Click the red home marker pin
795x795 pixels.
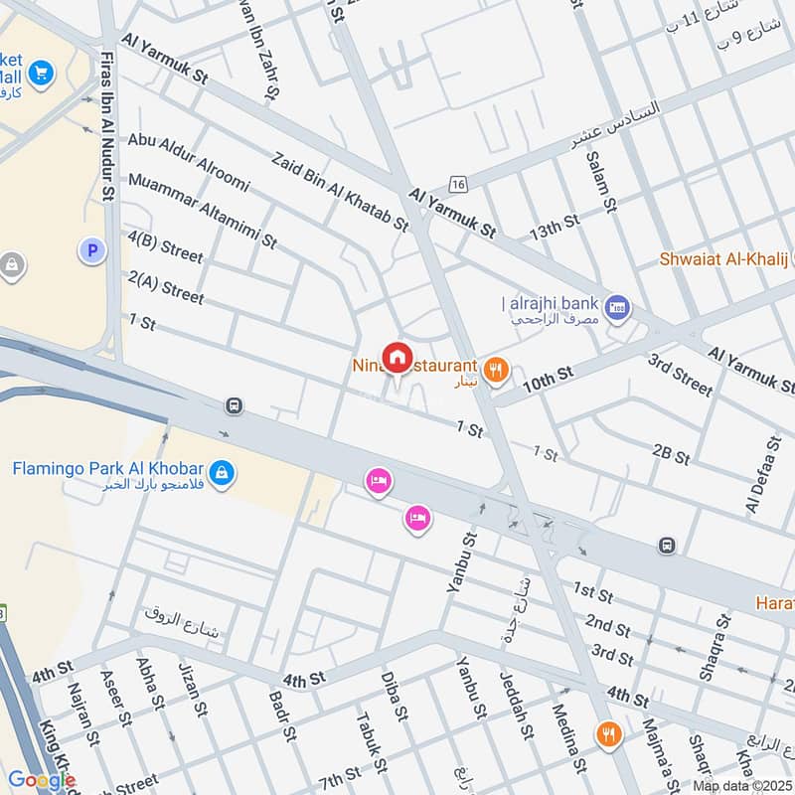[397, 356]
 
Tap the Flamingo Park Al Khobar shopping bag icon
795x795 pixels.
[223, 472]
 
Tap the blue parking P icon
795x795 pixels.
[92, 251]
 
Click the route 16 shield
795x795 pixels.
[457, 185]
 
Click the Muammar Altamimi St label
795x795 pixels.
[202, 210]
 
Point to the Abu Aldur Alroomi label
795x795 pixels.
[189, 163]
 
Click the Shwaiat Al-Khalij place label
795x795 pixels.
[723, 259]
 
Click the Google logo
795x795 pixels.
[42, 780]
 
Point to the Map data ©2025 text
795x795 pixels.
[741, 786]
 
